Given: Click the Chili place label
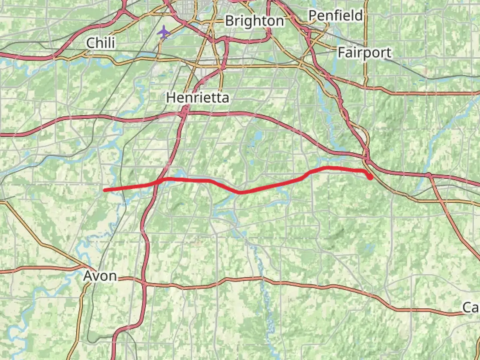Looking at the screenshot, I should click(101, 43).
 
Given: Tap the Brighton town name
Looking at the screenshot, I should click(254, 21).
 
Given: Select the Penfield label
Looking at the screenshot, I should click(335, 15).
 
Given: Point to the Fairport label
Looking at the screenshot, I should click(364, 53).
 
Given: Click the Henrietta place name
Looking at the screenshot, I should click(198, 98).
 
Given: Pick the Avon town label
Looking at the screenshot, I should click(100, 276).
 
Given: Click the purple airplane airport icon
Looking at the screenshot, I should click(164, 33).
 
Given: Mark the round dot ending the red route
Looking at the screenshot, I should click(370, 177).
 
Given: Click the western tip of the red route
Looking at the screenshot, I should click(104, 190).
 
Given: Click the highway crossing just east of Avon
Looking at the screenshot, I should click(144, 283).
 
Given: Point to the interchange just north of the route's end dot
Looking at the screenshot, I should click(367, 157).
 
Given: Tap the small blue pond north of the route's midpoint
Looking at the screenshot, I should click(258, 136).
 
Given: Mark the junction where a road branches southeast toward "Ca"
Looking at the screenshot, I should click(429, 175).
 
